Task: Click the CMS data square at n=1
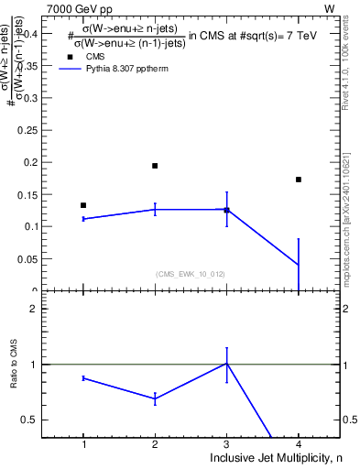[x=83, y=205]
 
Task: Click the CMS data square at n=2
[x=155, y=166]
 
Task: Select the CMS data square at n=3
[x=226, y=211]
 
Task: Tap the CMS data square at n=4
[x=299, y=180]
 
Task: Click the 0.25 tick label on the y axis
[x=43, y=131]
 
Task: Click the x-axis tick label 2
[x=155, y=444]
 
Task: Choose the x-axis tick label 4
[x=299, y=444]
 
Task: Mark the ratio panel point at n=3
[x=226, y=364]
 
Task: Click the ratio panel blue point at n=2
[x=155, y=398]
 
